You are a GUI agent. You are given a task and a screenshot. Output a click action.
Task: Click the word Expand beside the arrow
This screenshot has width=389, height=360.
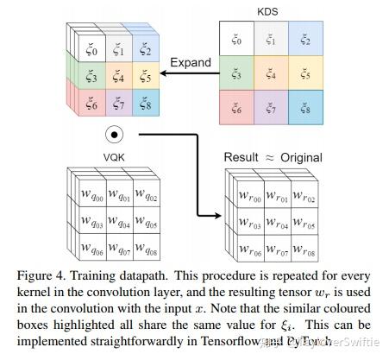pyautogui.click(x=191, y=63)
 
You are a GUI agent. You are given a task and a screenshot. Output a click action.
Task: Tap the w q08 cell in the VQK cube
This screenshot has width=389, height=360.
pyautogui.click(x=147, y=251)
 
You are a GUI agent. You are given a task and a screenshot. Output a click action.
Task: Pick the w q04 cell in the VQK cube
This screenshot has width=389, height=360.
pyautogui.click(x=120, y=224)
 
